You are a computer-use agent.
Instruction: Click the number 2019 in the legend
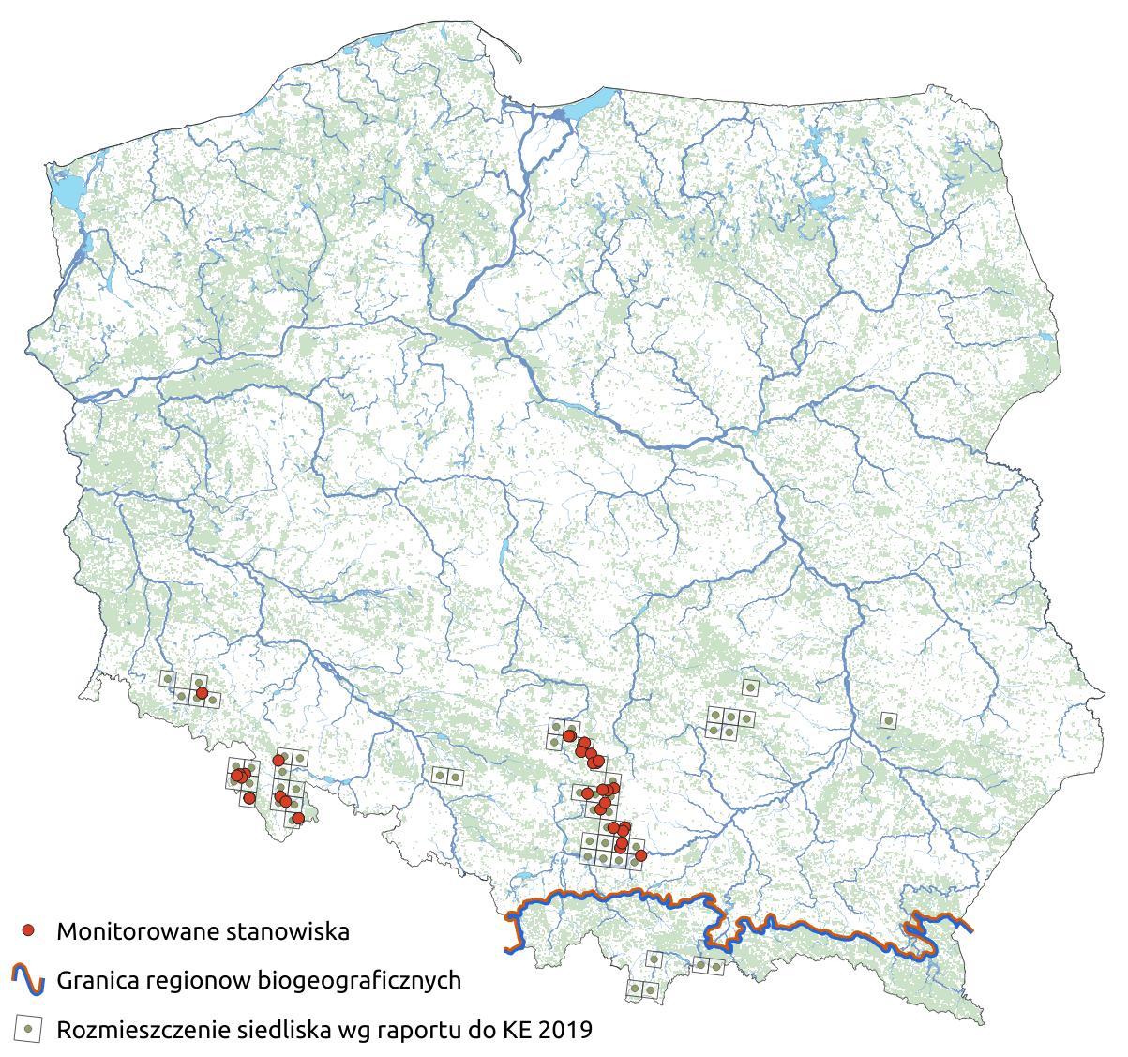tap(565, 1030)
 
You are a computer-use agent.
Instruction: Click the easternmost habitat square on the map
tap(888, 720)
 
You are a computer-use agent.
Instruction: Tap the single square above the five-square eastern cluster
tap(749, 687)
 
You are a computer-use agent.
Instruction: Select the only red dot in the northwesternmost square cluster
tap(201, 693)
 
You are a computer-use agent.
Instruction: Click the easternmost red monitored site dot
tap(640, 855)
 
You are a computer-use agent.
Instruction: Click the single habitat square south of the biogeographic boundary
tap(654, 959)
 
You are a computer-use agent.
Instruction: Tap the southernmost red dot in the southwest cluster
tap(297, 819)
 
